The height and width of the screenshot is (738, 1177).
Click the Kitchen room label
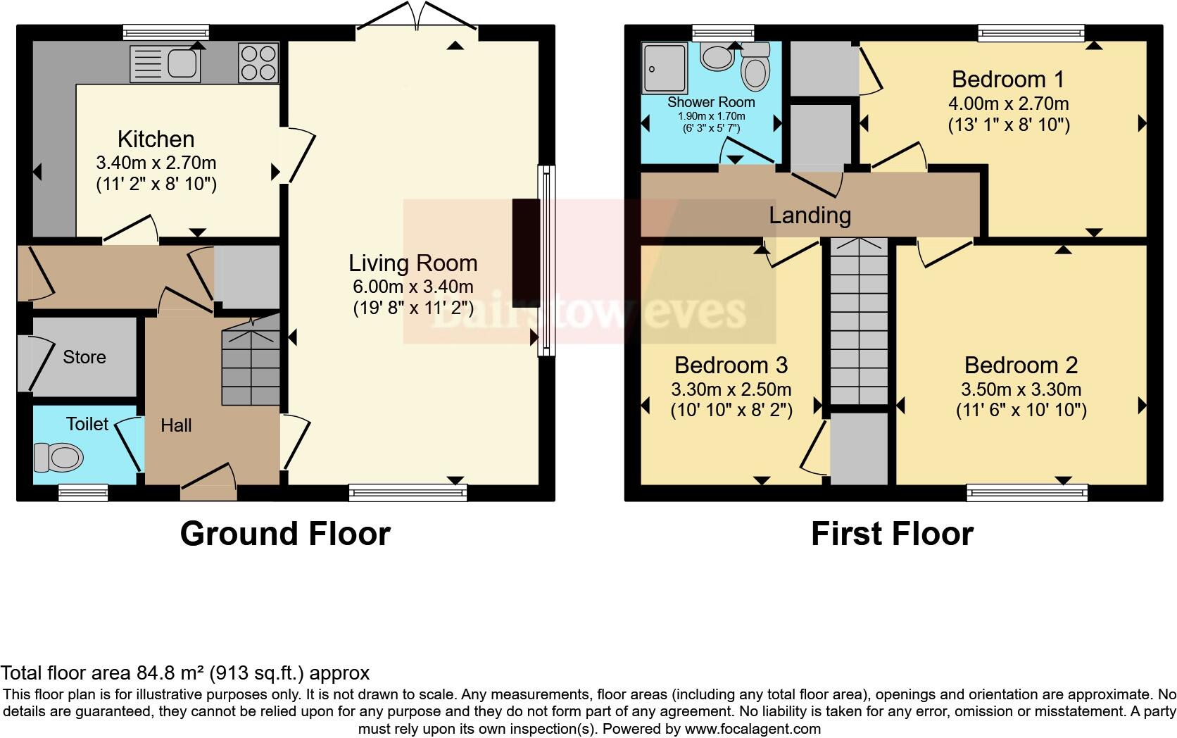pos(156,139)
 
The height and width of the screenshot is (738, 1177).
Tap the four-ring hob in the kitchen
pos(258,63)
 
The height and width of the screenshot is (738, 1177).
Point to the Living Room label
pos(413,263)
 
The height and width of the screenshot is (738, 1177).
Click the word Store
pos(84,358)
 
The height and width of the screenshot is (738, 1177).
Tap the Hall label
pos(176,425)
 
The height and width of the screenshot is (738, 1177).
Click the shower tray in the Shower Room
pos(664,68)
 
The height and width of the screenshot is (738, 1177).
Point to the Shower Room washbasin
pos(717,57)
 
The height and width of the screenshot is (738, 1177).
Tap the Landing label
pos(810,215)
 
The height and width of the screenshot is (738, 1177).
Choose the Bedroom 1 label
pos(1008,80)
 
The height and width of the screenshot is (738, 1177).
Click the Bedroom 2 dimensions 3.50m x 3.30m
pos(1021,389)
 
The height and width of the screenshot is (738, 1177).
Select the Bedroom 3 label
pos(731,365)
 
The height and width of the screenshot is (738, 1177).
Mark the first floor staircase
pos(859,321)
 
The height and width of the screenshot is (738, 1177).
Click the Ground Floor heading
pos(285,534)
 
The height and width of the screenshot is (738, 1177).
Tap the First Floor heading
pos(892,534)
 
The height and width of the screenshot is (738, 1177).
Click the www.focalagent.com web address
pos(753,729)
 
